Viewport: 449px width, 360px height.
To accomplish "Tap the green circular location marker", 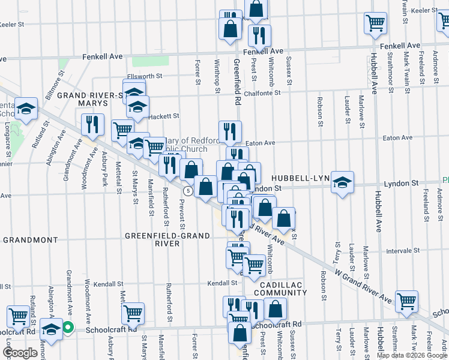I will tap(68, 328).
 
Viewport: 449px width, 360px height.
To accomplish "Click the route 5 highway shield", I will tap(188, 191).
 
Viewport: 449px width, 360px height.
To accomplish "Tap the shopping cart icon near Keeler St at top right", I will tap(375, 23).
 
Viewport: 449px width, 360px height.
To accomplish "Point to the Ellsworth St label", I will tap(148, 76).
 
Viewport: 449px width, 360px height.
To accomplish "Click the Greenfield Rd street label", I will tap(237, 81).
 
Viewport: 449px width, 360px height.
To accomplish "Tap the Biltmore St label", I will tap(52, 88).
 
